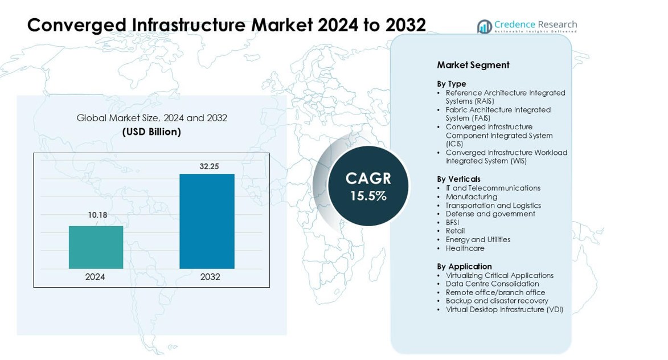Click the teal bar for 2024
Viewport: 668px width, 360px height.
pyautogui.click(x=96, y=247)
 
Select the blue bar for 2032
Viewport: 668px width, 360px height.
pyautogui.click(x=207, y=221)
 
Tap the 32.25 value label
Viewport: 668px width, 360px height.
pyautogui.click(x=209, y=166)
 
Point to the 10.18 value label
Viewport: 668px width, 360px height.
pyautogui.click(x=97, y=215)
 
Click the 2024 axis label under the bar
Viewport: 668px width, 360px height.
pyautogui.click(x=95, y=277)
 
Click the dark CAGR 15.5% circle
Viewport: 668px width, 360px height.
pyautogui.click(x=368, y=186)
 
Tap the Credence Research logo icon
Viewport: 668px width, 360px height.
pyautogui.click(x=484, y=26)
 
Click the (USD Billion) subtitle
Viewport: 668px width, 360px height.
pyautogui.click(x=151, y=132)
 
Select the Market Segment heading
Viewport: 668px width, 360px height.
pyautogui.click(x=473, y=65)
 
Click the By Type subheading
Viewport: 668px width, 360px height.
pyautogui.click(x=451, y=84)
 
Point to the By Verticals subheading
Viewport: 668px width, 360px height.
pyautogui.click(x=458, y=179)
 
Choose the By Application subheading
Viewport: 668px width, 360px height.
pyautogui.click(x=464, y=266)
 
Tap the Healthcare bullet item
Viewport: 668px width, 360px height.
pyautogui.click(x=465, y=248)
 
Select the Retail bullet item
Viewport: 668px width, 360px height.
pyautogui.click(x=455, y=231)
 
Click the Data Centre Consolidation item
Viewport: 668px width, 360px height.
pyautogui.click(x=492, y=284)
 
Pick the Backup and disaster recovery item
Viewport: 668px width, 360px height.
pyautogui.click(x=497, y=301)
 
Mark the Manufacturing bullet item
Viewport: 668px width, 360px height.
pyautogui.click(x=471, y=197)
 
